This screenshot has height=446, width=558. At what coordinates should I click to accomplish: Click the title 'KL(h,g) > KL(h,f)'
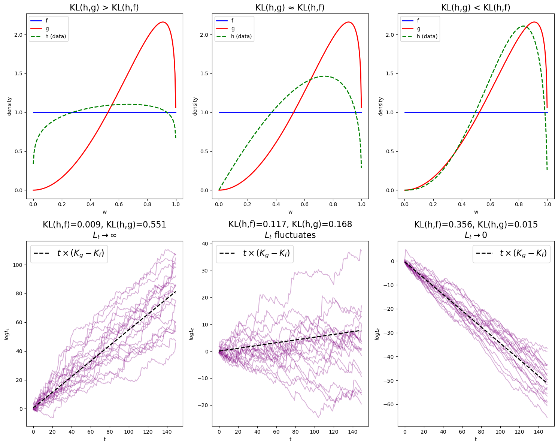(x=104, y=7)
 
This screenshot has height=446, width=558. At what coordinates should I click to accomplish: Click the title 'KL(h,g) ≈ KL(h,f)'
(x=290, y=7)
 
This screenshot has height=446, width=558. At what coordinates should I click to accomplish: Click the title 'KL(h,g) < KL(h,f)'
(x=476, y=7)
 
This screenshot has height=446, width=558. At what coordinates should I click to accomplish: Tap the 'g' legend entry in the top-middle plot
(x=233, y=28)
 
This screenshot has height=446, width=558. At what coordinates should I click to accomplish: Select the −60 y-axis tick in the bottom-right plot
(x=388, y=404)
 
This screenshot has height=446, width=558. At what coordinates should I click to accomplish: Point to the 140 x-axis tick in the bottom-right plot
(x=538, y=432)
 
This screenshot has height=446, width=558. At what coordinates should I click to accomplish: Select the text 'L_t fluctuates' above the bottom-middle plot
(x=290, y=235)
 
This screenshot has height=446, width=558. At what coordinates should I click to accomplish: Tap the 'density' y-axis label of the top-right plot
(x=380, y=106)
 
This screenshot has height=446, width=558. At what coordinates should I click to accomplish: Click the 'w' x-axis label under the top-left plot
(x=104, y=212)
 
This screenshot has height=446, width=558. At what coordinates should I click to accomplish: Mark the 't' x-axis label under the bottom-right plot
(x=476, y=439)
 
